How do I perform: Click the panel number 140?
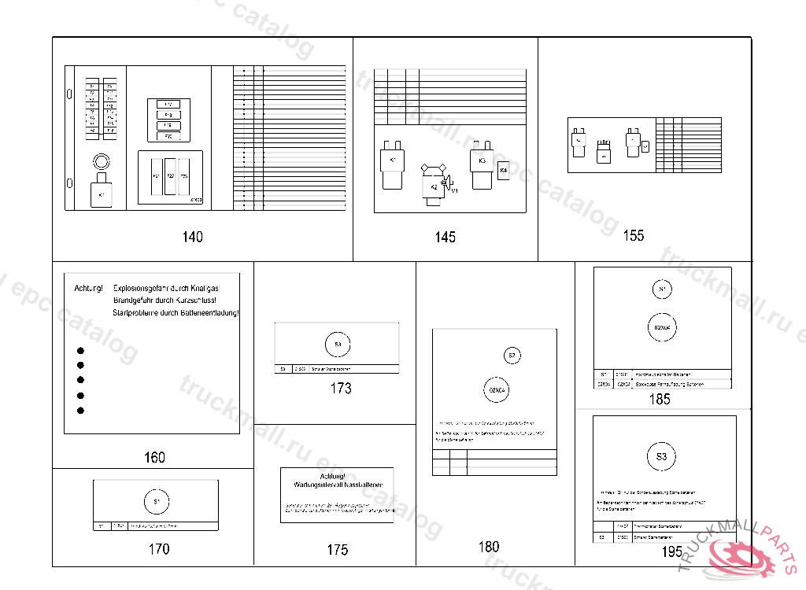[192, 237]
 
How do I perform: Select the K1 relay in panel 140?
[102, 193]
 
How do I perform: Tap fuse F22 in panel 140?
[170, 176]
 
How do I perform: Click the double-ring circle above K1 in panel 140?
[101, 162]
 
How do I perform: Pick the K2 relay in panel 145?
[434, 186]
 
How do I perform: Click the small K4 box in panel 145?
[504, 171]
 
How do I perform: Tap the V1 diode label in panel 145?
[454, 190]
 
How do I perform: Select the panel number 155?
[633, 235]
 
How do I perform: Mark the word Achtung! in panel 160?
[88, 289]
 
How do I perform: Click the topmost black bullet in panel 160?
[80, 351]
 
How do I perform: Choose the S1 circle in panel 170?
[157, 501]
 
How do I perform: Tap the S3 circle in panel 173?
[338, 345]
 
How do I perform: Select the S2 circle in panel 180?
[512, 356]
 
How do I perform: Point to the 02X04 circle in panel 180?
[496, 389]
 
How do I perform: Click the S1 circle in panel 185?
[662, 290]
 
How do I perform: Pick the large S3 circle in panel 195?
[661, 456]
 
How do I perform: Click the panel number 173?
[341, 388]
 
